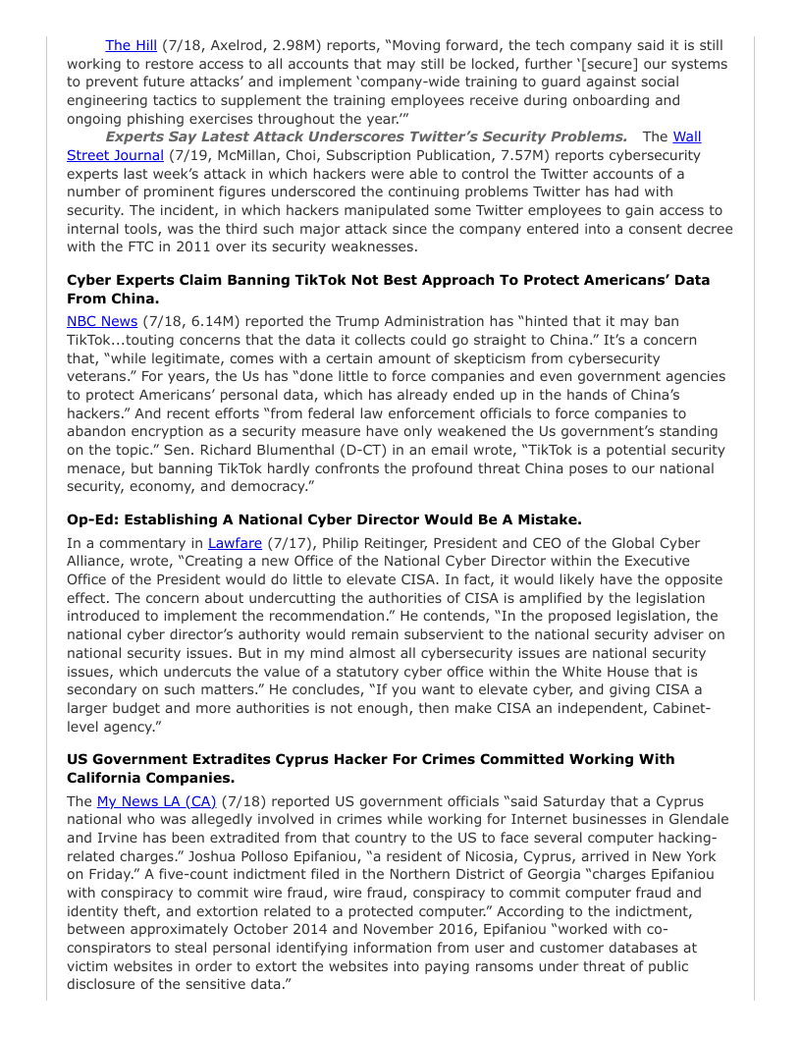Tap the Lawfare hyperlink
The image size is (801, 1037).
point(229,542)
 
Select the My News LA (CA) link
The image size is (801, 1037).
point(156,801)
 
